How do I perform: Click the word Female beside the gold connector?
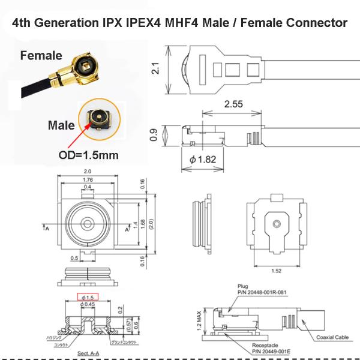point(41,56)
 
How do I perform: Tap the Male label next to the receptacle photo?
point(61,126)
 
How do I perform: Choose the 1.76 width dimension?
point(88,179)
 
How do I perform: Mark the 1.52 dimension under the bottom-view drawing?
point(277,270)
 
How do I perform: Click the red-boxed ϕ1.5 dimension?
point(89,298)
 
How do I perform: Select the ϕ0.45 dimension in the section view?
point(89,305)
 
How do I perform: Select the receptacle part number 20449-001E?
point(264,352)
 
